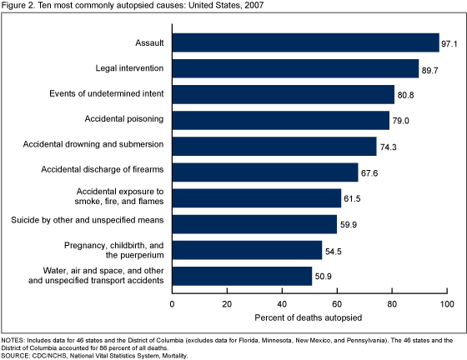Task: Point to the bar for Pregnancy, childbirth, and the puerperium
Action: [x=247, y=249]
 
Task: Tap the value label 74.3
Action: [x=388, y=146]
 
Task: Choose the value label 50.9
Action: [x=323, y=275]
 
